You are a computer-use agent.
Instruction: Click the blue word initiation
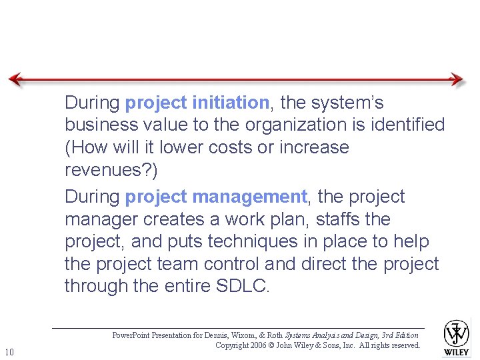coord(230,103)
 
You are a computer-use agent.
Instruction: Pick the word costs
coord(227,147)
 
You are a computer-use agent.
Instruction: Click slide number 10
coord(9,351)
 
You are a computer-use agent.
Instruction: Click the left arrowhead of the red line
coord(15,79)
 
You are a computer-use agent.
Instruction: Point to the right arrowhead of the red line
coord(457,79)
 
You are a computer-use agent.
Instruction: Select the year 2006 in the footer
coord(260,345)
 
